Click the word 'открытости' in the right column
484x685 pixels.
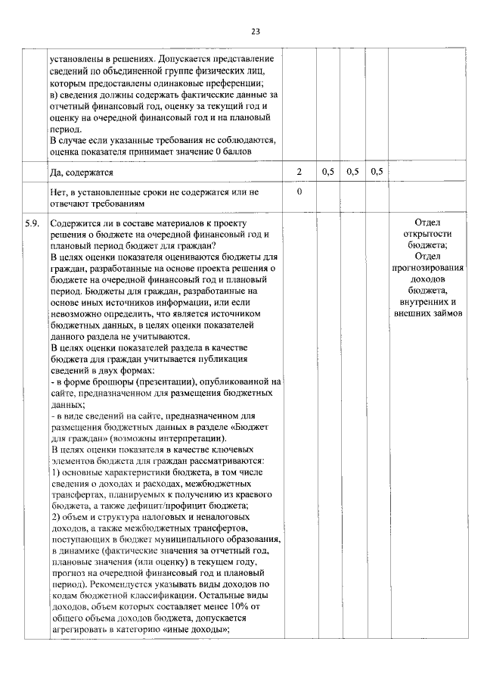click(427, 235)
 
